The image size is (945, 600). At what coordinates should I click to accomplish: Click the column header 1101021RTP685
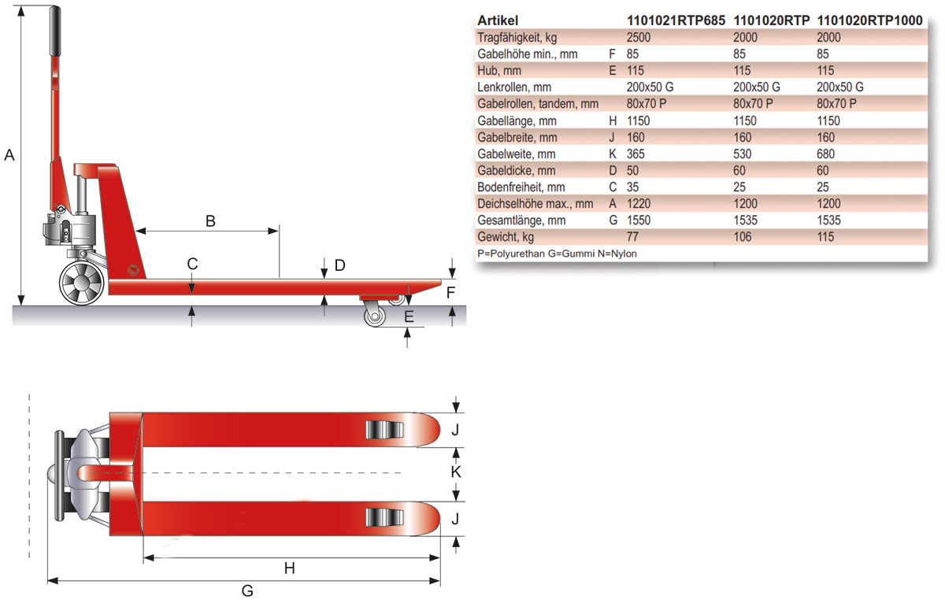coord(675,20)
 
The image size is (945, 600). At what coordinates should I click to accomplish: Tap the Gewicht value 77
coord(632,237)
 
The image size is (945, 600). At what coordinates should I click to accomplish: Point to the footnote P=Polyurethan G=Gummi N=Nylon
coord(557,254)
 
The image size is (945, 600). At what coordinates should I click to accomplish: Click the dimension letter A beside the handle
coord(9,155)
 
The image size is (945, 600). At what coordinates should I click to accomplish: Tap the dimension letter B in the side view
coord(210,221)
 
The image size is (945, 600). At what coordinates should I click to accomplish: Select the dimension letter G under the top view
coord(246,591)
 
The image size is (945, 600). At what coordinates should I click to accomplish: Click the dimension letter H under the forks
coord(289,568)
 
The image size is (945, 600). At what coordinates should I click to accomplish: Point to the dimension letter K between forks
coord(454,473)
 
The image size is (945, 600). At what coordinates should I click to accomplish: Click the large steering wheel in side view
coord(83,283)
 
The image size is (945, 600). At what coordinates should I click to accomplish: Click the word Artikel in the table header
coord(498,20)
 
